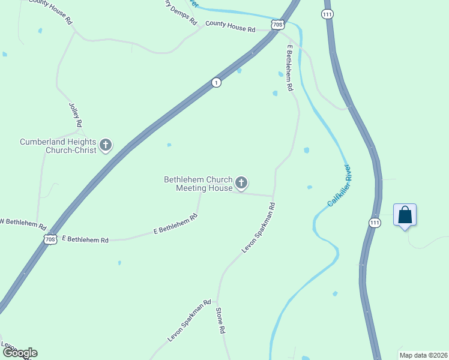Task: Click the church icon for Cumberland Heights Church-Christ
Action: click(x=106, y=145)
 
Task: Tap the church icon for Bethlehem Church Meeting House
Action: click(x=241, y=182)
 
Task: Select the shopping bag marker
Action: click(x=405, y=215)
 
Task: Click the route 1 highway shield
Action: click(x=216, y=82)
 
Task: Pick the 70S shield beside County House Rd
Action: click(x=277, y=25)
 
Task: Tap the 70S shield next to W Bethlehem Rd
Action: click(x=50, y=238)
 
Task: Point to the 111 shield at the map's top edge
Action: click(x=327, y=14)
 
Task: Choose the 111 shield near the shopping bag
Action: click(x=375, y=222)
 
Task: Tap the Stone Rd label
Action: click(x=220, y=321)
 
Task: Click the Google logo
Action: click(x=19, y=353)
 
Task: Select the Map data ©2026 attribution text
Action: click(x=423, y=355)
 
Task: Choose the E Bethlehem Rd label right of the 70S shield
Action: click(x=85, y=239)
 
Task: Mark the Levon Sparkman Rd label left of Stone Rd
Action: click(x=189, y=322)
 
